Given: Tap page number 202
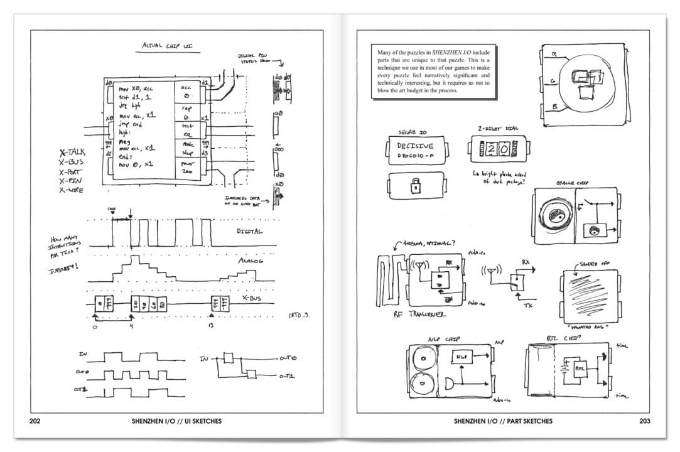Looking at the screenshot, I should tap(36, 421).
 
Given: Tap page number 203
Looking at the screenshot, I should tap(643, 421).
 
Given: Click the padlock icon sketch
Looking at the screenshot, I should tap(415, 186).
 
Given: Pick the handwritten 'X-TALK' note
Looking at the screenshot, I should tap(72, 152).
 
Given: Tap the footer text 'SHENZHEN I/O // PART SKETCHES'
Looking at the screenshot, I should tap(503, 421).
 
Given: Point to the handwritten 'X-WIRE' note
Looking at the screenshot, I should tap(72, 190).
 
